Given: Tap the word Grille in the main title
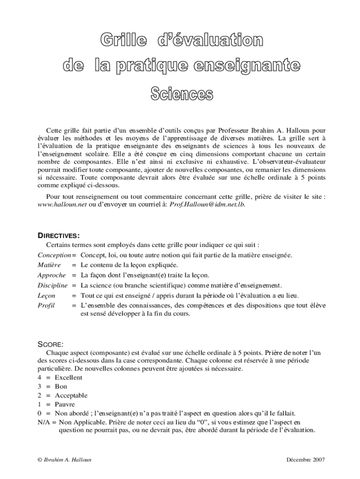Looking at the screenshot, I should coord(123,41).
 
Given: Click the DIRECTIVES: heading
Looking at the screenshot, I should coord(58,235).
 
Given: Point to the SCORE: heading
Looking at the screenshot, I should coord(50,344).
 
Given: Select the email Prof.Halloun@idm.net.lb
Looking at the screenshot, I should coord(207,204).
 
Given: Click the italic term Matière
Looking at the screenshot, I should coord(49,265).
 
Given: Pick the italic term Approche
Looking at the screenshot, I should coord(51,275).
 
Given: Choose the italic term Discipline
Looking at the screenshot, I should coord(52,285).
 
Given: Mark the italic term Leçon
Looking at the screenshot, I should coord(46,295).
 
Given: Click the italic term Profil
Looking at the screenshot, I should coord(46,305).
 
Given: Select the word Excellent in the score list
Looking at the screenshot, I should coord(68,377).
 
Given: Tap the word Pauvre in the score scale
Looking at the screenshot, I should coord(65,404).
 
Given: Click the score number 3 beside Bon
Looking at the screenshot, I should coord(39,386).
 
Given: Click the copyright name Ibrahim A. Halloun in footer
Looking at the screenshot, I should coord(68,460).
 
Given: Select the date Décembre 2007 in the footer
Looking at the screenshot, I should coord(305,460).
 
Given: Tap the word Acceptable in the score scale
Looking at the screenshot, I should coord(71,395).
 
